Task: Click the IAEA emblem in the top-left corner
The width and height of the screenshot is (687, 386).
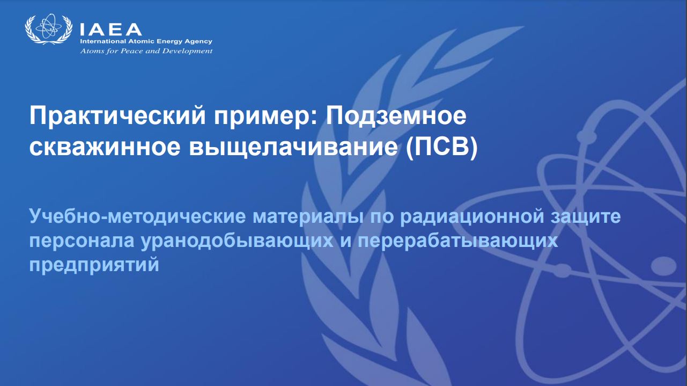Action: tap(48, 29)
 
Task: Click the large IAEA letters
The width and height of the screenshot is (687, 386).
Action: tap(110, 30)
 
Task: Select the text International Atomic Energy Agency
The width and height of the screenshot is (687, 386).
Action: tap(146, 41)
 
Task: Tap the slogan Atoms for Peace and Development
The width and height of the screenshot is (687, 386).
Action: tap(146, 50)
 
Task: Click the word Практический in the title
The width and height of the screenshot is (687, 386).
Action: tap(117, 116)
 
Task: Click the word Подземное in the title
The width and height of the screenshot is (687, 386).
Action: tap(396, 116)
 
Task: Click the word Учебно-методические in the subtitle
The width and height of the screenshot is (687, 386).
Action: tap(137, 216)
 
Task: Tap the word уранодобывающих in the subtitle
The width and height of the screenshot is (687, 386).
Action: tap(237, 241)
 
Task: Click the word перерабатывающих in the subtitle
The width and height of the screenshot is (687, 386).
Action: tap(457, 241)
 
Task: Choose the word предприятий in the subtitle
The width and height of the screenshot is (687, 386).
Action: tap(94, 265)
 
